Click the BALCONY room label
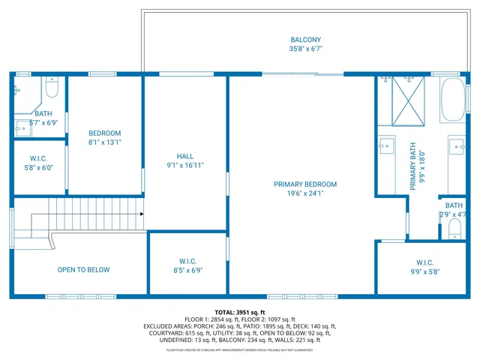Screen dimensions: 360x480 (x=305, y=40)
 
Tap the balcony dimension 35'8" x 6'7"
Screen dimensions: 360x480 (x=305, y=49)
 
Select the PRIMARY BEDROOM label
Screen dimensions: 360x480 (x=305, y=184)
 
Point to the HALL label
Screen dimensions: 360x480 (x=184, y=155)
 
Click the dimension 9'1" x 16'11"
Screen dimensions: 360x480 (x=184, y=165)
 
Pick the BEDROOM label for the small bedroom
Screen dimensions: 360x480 (x=104, y=133)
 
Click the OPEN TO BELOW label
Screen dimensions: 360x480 (x=83, y=270)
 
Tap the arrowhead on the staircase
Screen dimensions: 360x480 (x=141, y=214)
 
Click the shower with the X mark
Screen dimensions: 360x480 (x=410, y=101)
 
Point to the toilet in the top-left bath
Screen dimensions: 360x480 (x=51, y=90)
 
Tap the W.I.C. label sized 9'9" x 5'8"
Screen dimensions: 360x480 (x=424, y=262)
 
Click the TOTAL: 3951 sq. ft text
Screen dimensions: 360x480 (x=239, y=312)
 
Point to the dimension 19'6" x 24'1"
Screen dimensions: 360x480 (x=305, y=193)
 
